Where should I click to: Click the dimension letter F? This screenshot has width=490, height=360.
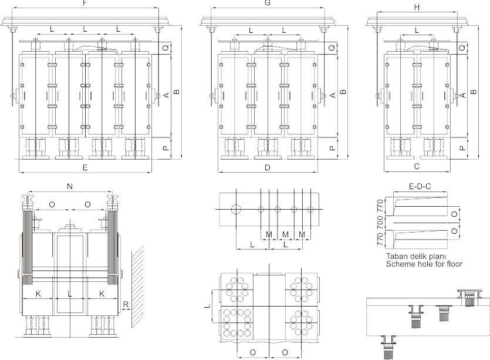[86, 3]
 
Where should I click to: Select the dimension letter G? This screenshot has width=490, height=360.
[268, 4]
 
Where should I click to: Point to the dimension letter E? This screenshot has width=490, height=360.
[86, 168]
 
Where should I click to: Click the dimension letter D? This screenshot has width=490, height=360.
[267, 168]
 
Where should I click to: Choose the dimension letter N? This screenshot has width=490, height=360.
[69, 186]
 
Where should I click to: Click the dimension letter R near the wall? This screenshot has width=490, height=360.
[125, 304]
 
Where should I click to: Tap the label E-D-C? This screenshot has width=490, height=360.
[420, 187]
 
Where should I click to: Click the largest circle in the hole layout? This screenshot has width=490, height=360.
[236, 208]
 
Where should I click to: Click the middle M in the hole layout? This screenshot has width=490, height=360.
[285, 234]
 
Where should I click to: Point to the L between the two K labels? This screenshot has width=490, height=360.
[69, 292]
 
